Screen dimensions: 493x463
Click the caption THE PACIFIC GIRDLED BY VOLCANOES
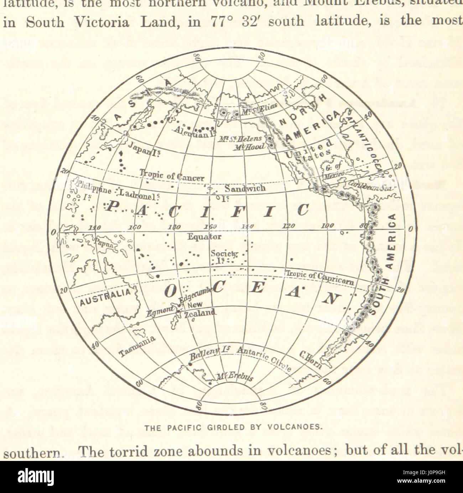[233, 427]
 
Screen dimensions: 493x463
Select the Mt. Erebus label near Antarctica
[235, 377]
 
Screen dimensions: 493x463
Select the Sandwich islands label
[245, 188]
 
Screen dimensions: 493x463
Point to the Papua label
[104, 244]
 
